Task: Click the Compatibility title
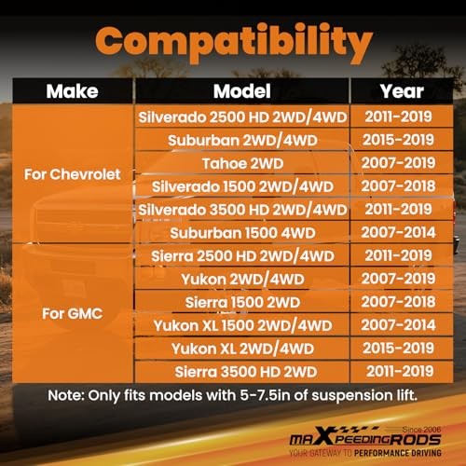[x=234, y=43]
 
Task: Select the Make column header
[x=72, y=91]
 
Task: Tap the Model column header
[x=242, y=91]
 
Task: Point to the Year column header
[x=402, y=91]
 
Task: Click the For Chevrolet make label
[x=73, y=174]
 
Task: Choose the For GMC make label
[x=73, y=313]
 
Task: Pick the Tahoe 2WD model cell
[x=242, y=163]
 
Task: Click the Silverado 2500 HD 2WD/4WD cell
[x=242, y=117]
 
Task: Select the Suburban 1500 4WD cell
[x=242, y=233]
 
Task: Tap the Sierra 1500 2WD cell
[x=242, y=302]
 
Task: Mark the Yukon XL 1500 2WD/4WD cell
[x=242, y=325]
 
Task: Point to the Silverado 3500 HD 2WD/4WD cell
[x=242, y=210]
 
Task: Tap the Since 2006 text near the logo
[x=421, y=430]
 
